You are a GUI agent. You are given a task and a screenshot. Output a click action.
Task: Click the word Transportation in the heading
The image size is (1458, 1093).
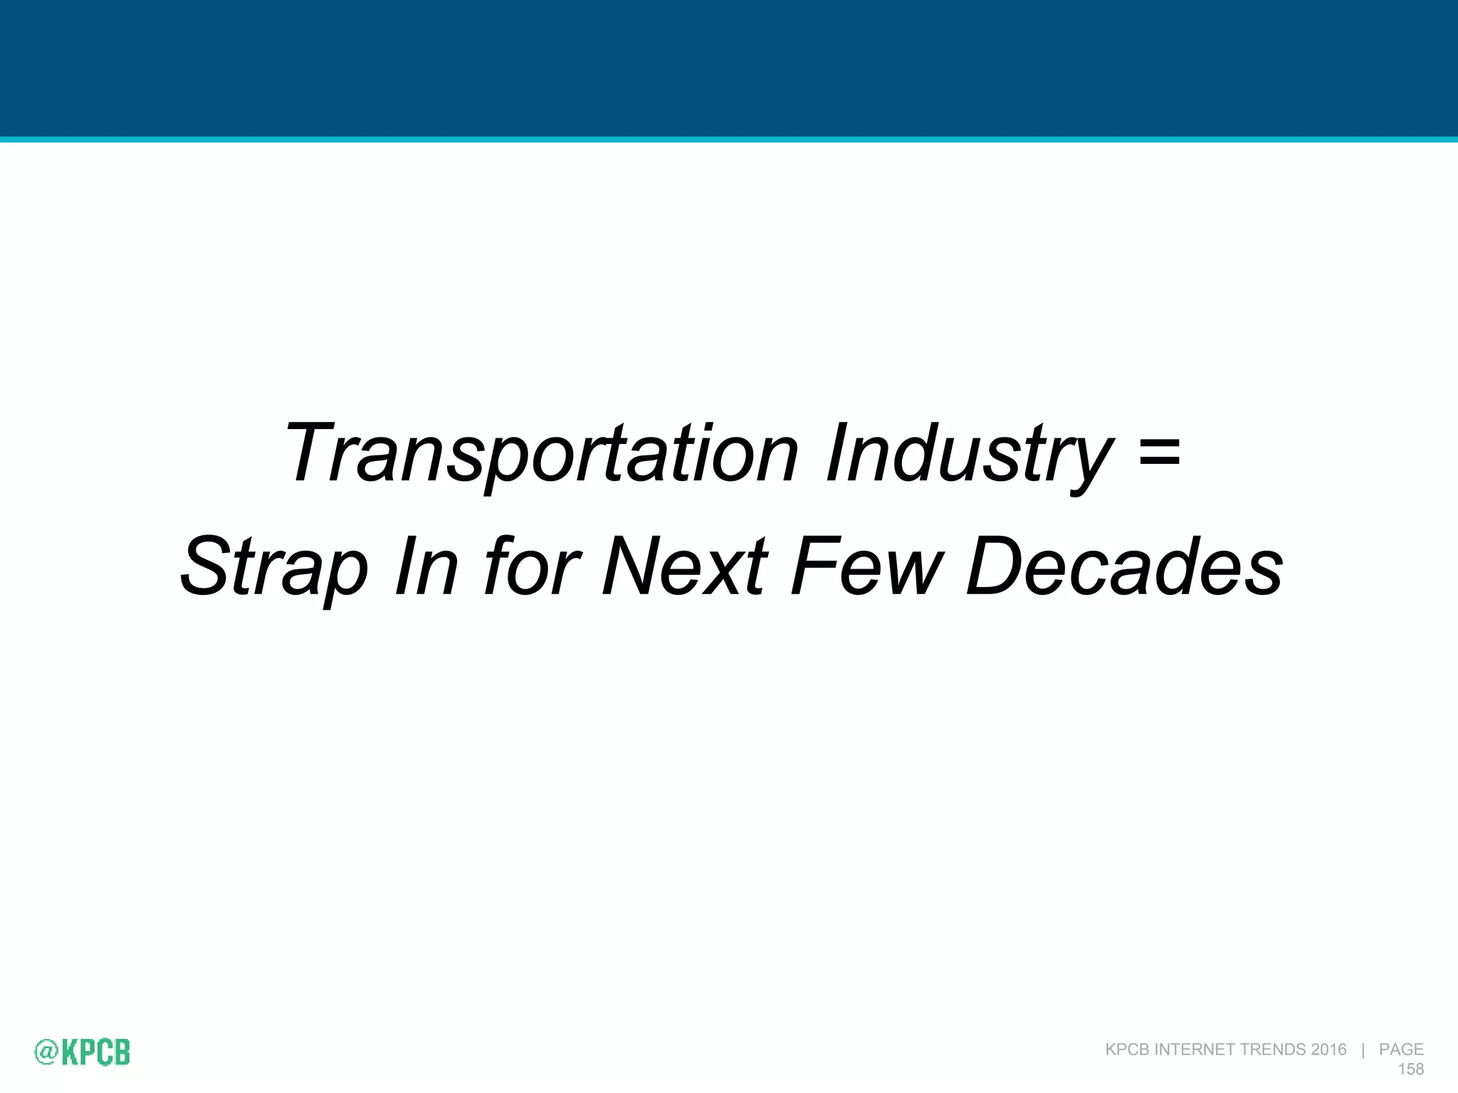pos(541,453)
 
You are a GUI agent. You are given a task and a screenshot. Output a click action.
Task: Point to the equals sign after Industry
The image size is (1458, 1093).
pos(1159,451)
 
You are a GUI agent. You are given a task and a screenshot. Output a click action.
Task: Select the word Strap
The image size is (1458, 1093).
pos(274,567)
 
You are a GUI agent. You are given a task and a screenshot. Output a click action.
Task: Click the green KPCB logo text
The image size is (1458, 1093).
pos(96,1052)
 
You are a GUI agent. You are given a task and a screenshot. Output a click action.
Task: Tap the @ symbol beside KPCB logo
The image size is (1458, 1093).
pos(46,1052)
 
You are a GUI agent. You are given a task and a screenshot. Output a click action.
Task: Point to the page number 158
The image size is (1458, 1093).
pos(1410,1069)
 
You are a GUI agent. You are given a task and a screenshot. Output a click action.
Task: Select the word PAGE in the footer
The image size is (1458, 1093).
pos(1401,1050)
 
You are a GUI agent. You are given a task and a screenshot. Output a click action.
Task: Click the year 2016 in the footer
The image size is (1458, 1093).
pos(1328,1050)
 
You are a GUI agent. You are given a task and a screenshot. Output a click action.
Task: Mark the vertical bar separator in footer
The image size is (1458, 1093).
pos(1363,1050)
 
